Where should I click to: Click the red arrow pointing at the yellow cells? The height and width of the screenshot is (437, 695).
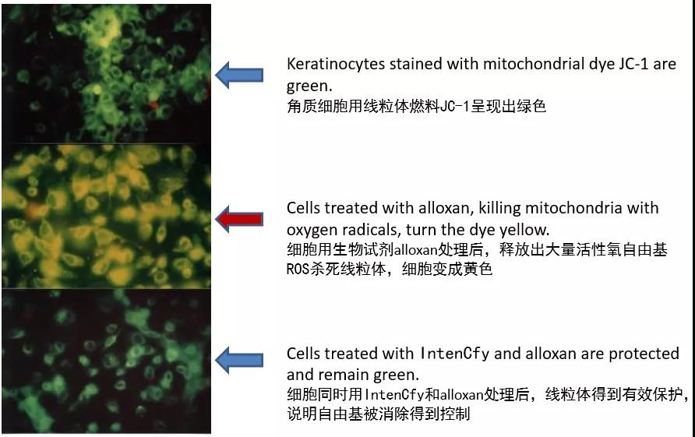(239, 219)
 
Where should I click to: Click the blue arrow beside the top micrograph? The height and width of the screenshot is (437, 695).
(239, 75)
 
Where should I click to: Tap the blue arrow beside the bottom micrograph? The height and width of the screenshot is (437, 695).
(239, 360)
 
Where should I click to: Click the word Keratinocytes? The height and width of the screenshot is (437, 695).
(336, 64)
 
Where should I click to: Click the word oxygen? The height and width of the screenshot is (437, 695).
(312, 231)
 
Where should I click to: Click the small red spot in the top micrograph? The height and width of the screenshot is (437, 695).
(153, 105)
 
